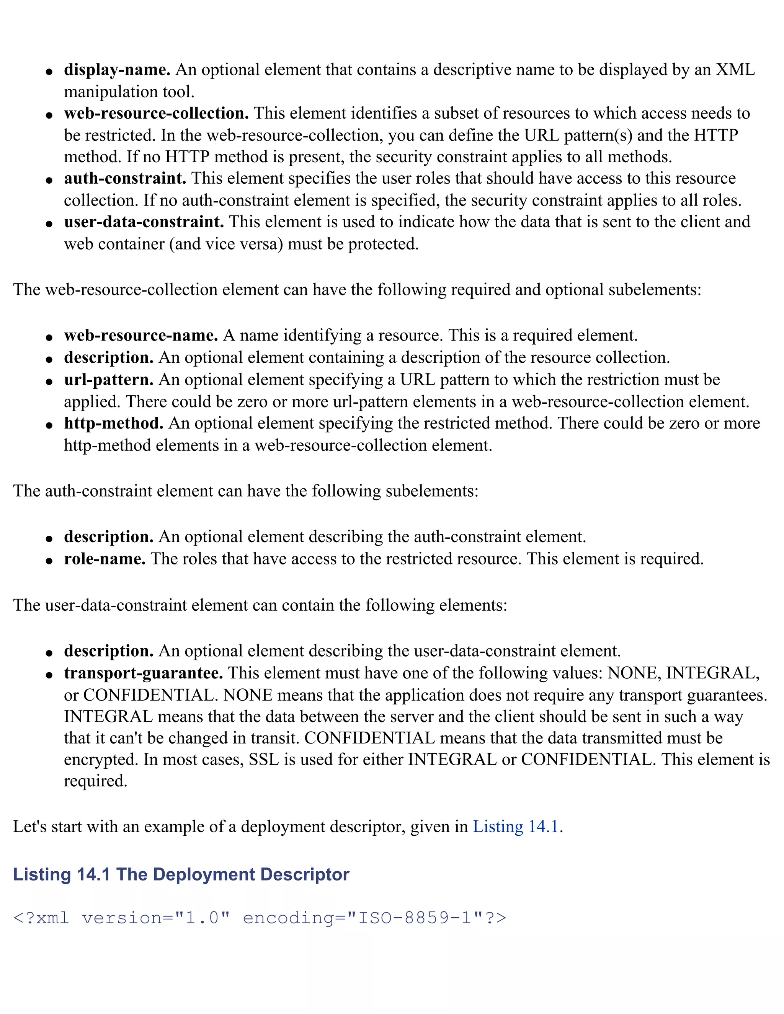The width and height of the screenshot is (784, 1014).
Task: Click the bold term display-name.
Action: pos(117,70)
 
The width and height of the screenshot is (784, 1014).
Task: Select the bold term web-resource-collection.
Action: pos(156,113)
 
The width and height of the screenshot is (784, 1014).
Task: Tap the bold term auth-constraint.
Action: pos(125,178)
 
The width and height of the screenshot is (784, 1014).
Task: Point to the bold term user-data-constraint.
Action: pos(144,222)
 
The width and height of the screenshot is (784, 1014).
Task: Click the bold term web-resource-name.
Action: pos(141,335)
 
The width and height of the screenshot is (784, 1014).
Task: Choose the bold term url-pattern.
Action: pos(109,380)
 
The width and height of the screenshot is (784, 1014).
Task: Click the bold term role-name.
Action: pos(105,559)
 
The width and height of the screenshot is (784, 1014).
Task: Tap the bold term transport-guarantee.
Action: pos(144,673)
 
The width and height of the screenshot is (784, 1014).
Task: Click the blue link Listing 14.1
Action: pos(515,827)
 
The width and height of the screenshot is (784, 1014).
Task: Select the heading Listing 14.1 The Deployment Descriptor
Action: pos(181,874)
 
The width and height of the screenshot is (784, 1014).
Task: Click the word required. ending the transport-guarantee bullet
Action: pos(95,781)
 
